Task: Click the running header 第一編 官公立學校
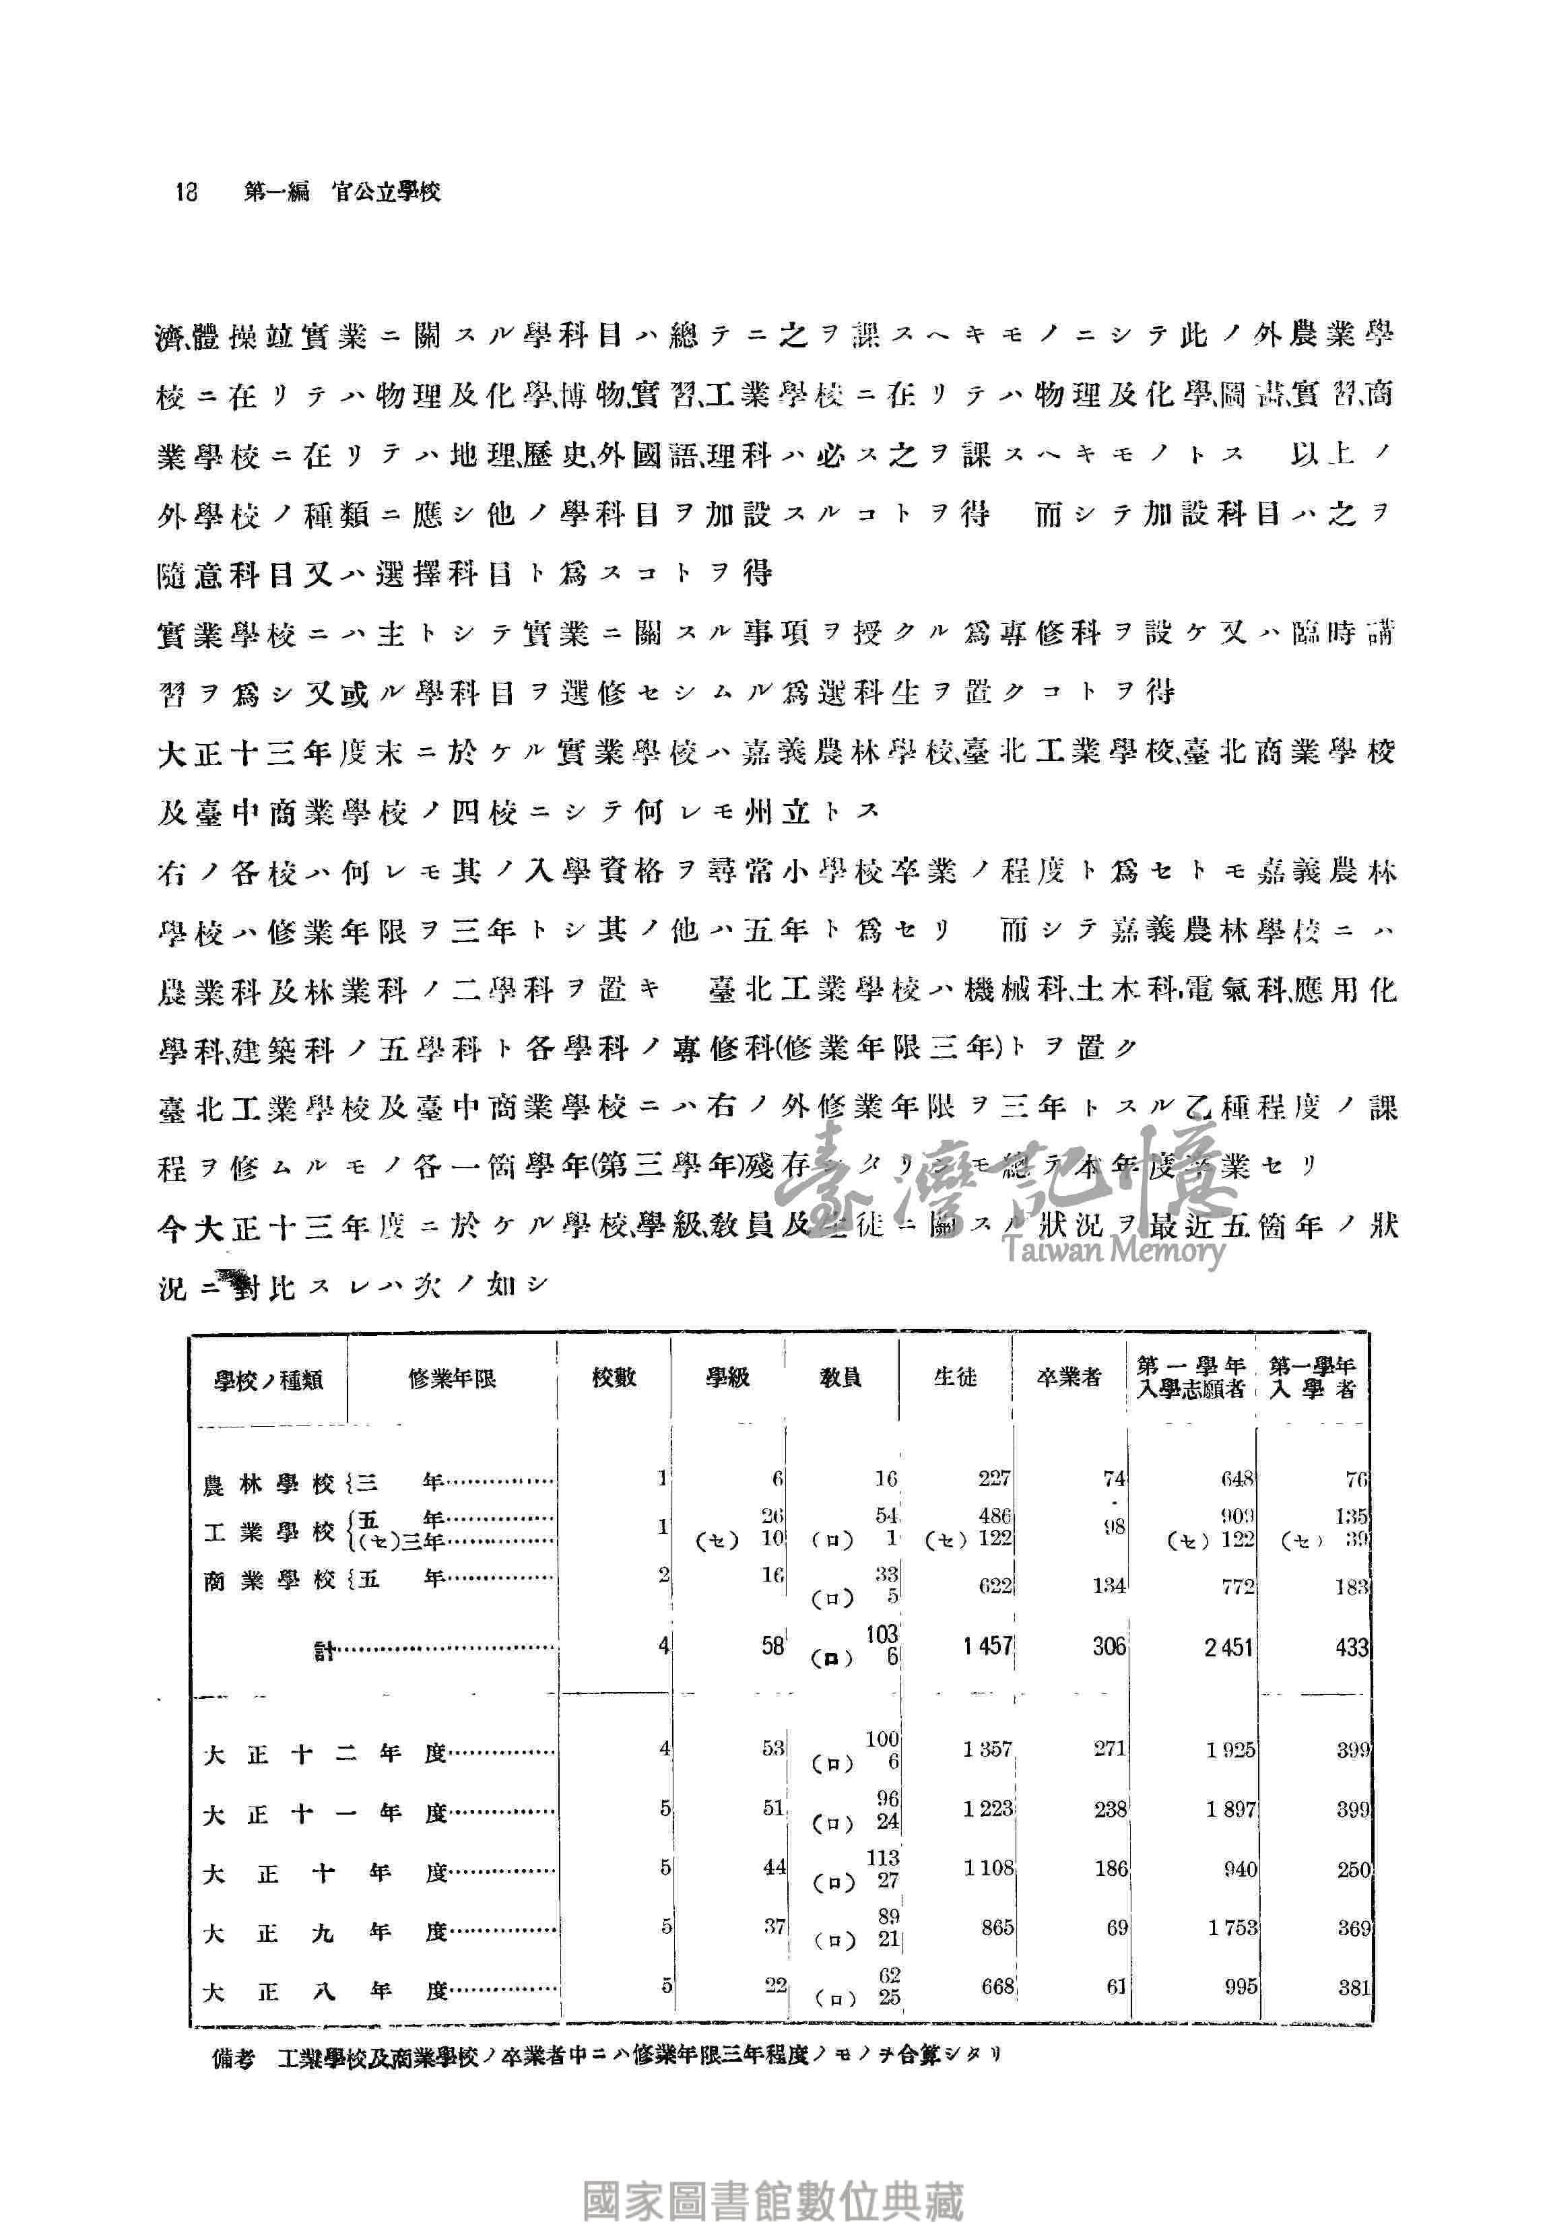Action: point(341,192)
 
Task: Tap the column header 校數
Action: point(614,1377)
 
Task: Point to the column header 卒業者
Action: point(1069,1377)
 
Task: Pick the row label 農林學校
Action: point(268,1483)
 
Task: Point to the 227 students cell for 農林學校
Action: point(993,1478)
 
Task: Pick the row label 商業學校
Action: point(268,1580)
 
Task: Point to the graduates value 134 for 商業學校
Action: point(1109,1585)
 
